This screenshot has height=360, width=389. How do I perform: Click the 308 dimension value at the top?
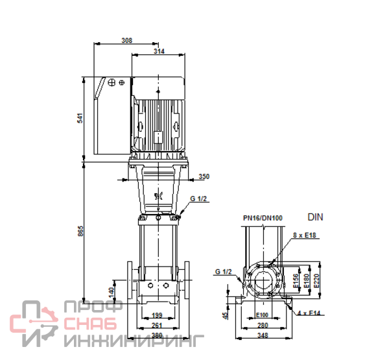coord(127,40)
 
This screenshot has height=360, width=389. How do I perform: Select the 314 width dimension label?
coord(159,51)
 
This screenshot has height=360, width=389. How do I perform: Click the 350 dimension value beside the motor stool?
coord(204,176)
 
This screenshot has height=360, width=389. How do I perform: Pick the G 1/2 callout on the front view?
coord(198,198)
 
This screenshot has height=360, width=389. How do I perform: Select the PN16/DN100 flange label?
coord(263,218)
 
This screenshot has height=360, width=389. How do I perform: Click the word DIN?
coord(315,217)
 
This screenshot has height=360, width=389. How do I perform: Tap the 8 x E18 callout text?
coord(305,235)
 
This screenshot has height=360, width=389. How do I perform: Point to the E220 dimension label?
coord(316,281)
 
